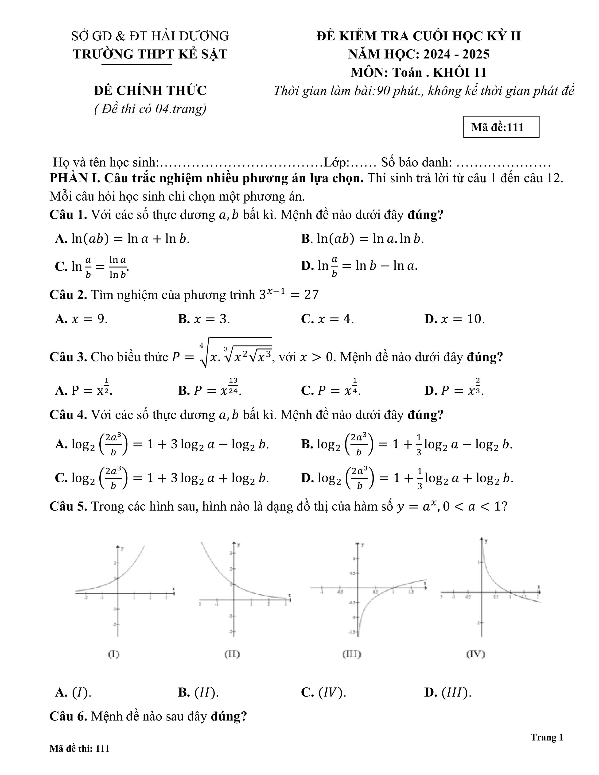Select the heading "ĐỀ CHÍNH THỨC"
[150, 90]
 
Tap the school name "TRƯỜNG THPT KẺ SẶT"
[150, 54]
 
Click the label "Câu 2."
[68, 295]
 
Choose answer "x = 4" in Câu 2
[327, 319]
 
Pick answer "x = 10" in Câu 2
[455, 319]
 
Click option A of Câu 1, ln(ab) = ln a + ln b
[122, 239]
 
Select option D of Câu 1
[359, 266]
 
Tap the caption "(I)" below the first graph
[113, 654]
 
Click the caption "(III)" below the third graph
[352, 654]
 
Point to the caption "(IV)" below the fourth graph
[475, 654]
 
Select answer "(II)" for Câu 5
[199, 692]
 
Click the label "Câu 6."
[68, 717]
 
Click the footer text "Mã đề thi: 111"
[79, 748]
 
